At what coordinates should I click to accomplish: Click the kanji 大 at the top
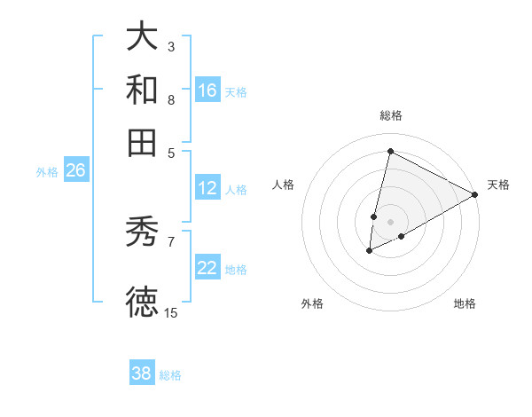143,37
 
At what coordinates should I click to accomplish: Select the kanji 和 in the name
143,90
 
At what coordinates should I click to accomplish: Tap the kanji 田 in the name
143,142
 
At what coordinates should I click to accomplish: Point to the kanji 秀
143,232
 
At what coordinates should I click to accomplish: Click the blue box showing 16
207,90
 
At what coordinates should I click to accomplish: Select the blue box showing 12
207,188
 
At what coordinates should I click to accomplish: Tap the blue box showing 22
207,268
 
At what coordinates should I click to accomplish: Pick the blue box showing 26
75,170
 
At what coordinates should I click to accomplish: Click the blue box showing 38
142,374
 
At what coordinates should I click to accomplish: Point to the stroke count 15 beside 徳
170,312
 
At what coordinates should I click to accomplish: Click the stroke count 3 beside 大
171,46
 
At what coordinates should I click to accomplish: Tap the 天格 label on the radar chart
498,185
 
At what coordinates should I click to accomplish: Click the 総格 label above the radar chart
390,115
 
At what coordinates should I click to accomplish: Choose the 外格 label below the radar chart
313,304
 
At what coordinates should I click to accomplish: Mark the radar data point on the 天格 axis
475,194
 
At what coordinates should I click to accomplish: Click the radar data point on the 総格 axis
390,151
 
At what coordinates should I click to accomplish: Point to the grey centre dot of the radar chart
390,222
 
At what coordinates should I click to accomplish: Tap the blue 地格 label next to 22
236,269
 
